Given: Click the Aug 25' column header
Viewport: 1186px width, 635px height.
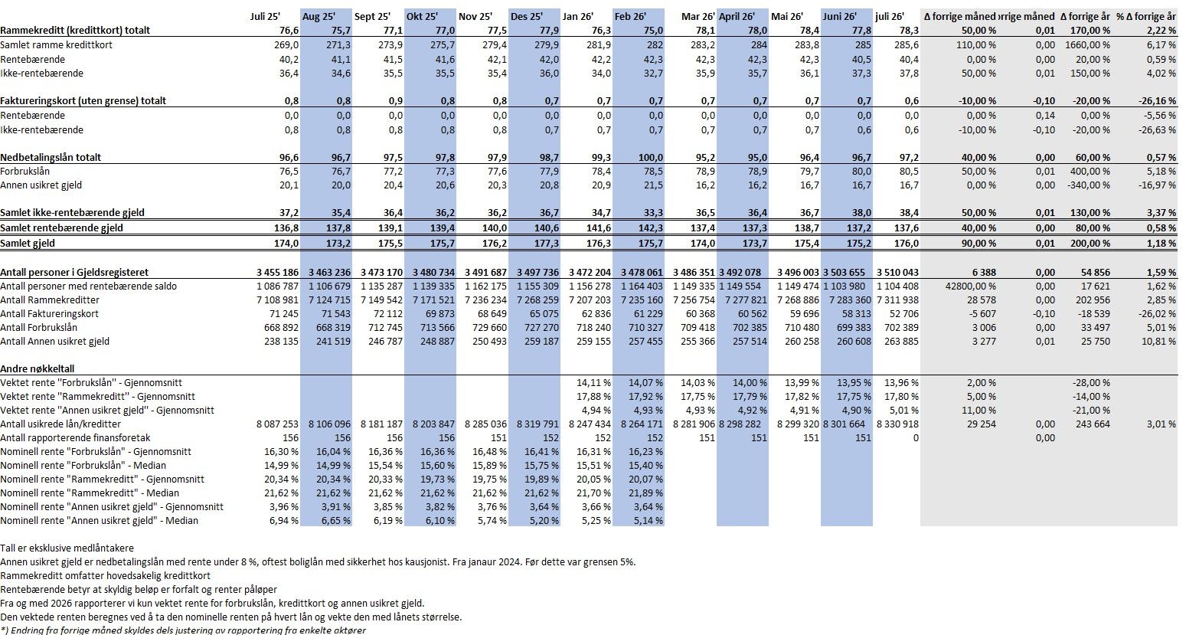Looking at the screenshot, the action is tap(319, 16).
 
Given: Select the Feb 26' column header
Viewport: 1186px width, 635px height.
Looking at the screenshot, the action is tap(630, 16).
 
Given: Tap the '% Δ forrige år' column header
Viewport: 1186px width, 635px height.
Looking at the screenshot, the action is tap(1146, 16).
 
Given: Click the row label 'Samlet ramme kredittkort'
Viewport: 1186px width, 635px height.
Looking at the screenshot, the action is tap(56, 45).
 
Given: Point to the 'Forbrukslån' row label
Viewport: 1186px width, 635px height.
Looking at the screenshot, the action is tap(25, 172).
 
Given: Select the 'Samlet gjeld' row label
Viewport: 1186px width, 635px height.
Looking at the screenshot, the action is tap(28, 244).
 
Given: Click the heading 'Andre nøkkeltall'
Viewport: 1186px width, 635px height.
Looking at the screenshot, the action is tap(37, 368).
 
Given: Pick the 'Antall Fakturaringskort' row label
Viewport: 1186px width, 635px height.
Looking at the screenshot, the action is tap(49, 313).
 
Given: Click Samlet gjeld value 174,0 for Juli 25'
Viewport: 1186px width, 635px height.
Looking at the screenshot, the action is tap(286, 244).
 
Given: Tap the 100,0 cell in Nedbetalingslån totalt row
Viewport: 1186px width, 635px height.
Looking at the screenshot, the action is tap(650, 157).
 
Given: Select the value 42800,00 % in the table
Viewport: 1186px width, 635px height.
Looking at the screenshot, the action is tap(971, 286).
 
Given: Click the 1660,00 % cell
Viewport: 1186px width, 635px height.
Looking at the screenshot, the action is tap(1087, 45).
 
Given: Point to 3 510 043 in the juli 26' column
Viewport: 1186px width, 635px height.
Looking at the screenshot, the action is tap(897, 272).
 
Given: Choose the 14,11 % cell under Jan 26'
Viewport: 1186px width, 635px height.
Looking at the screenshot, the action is tap(593, 382).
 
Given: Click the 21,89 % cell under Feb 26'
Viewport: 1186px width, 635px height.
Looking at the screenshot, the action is tap(646, 493).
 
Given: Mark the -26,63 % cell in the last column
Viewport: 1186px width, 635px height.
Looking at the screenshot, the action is tap(1157, 129).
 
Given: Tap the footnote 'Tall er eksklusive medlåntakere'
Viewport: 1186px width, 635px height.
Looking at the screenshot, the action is tap(67, 548).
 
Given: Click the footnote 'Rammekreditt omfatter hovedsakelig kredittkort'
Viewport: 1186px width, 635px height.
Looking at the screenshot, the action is tap(106, 576).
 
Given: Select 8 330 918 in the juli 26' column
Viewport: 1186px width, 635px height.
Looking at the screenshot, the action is tap(897, 424).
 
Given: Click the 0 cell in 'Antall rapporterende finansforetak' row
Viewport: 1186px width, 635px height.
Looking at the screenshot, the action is tap(916, 438).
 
